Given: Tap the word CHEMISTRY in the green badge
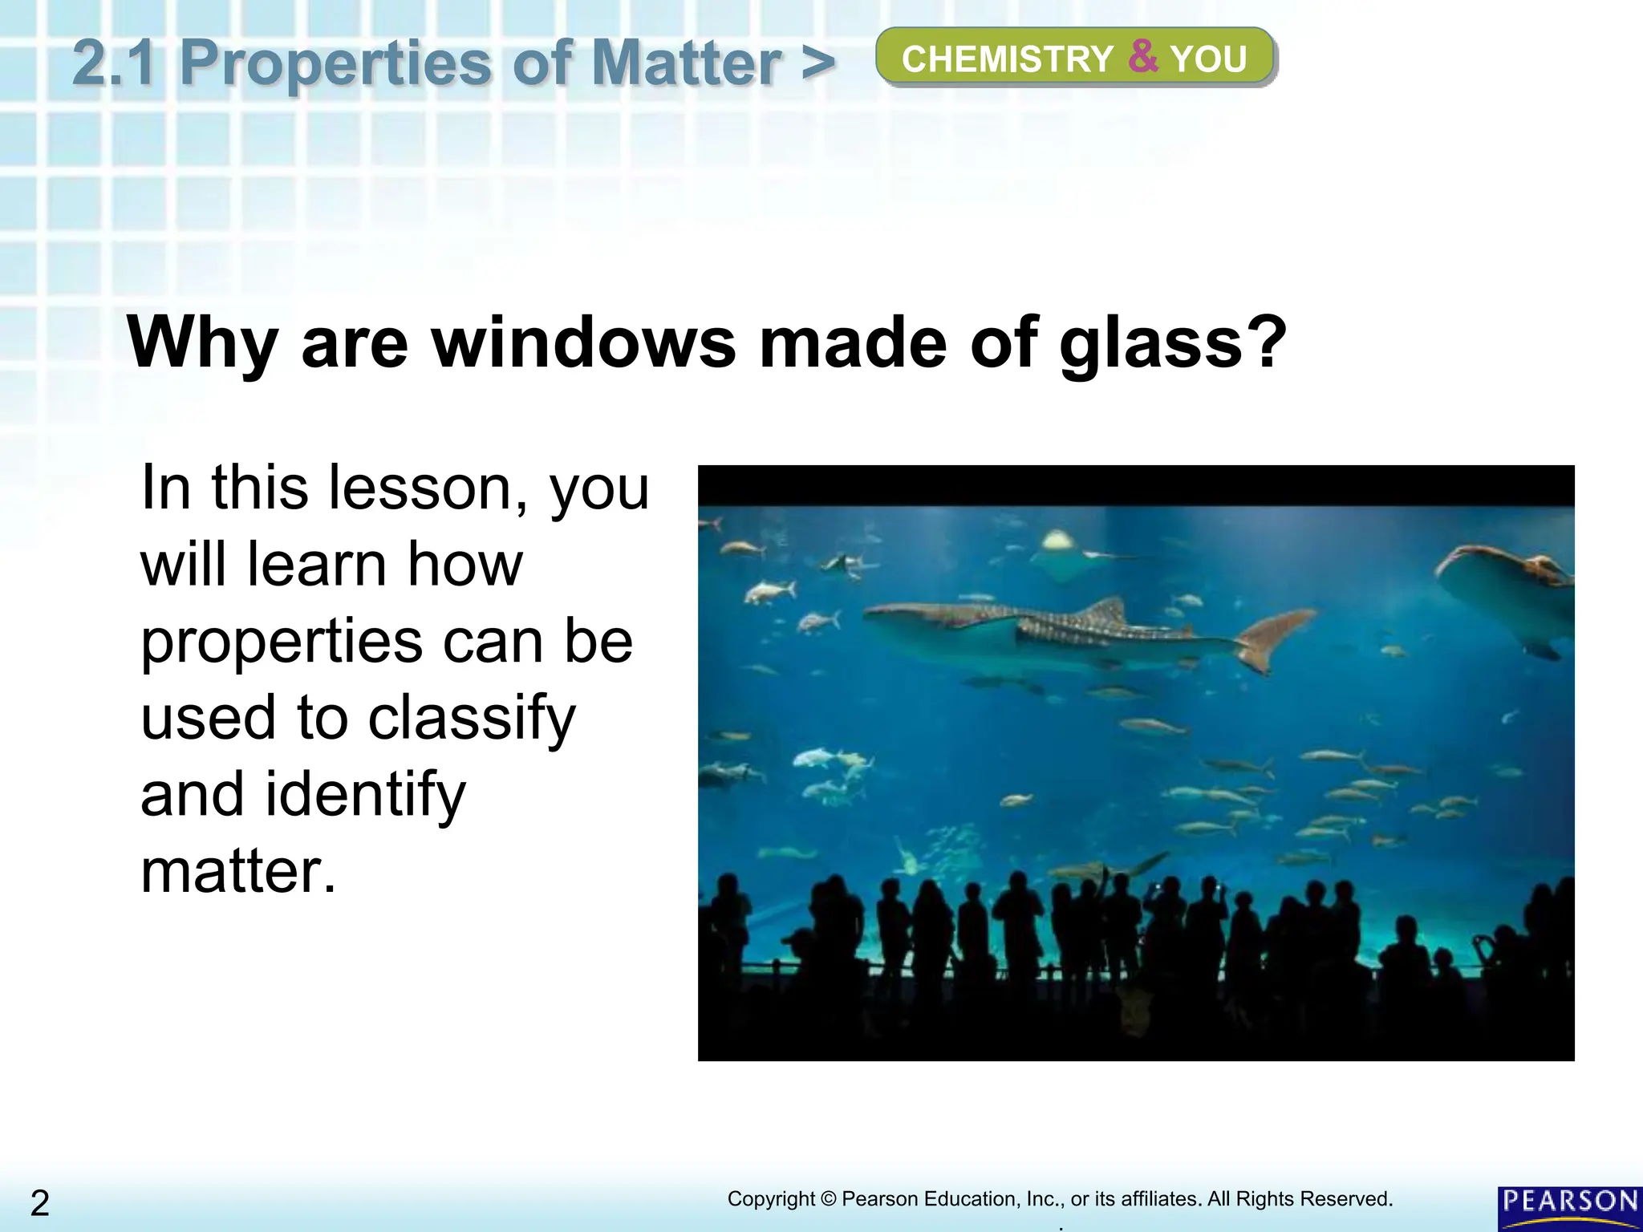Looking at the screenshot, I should point(1008,59).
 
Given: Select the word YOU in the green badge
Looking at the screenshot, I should point(1208,59).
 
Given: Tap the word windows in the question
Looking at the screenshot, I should point(583,342).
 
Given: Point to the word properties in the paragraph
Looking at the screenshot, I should point(281,643).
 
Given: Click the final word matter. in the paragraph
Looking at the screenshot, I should point(238,871).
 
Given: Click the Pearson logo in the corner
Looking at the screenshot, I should point(1569,1207).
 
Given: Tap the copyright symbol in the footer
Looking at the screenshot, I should point(829,1199).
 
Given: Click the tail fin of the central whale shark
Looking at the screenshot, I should point(1275,638).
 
